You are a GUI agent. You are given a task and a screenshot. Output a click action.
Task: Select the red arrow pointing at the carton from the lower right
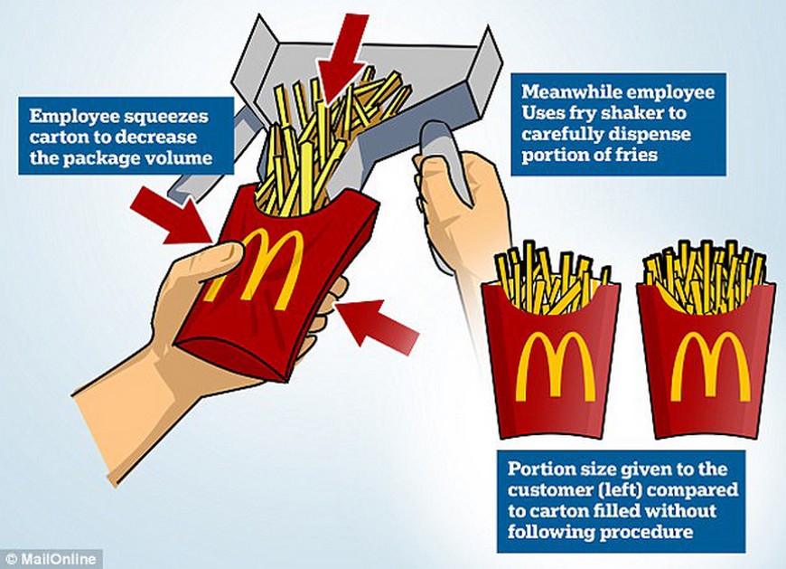tap(377, 325)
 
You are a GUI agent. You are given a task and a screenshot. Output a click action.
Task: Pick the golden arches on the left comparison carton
tap(556, 365)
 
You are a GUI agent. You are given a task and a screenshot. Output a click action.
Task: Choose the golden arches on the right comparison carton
tap(711, 365)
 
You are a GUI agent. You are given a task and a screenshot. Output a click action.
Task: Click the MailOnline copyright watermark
tap(51, 559)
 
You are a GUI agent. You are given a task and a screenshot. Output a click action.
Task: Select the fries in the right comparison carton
tap(706, 276)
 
